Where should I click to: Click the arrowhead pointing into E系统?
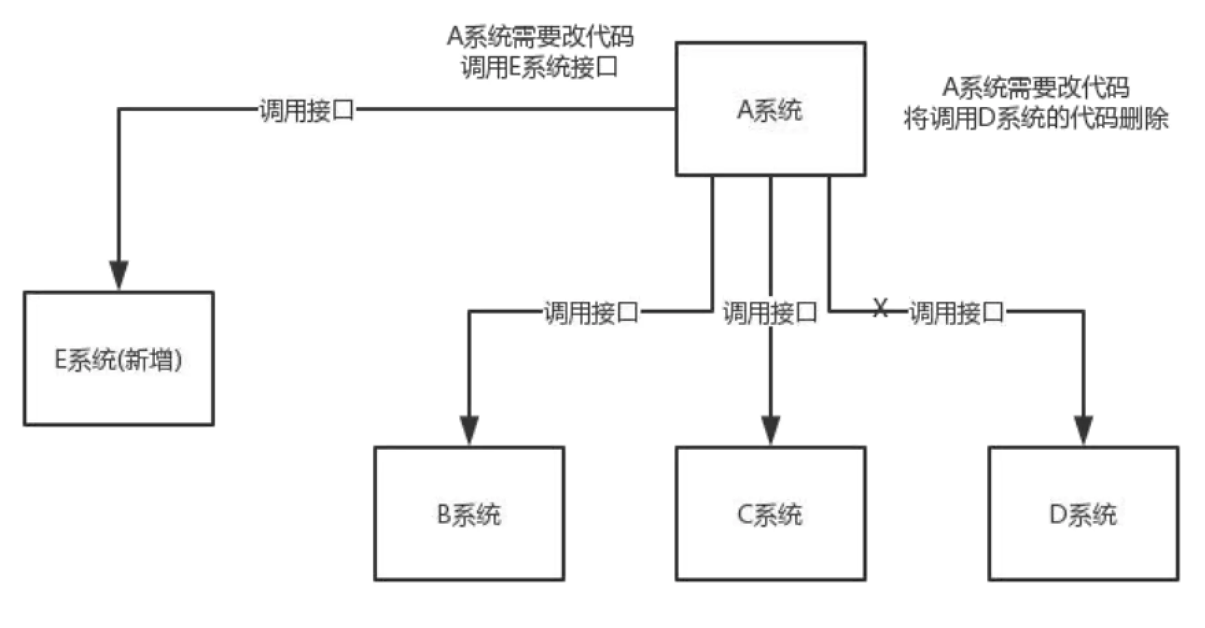[x=119, y=275]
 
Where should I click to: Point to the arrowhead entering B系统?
[x=470, y=431]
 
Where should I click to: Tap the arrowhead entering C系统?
[x=771, y=431]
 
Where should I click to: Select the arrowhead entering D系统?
[x=1084, y=431]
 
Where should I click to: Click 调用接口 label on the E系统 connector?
[x=306, y=110]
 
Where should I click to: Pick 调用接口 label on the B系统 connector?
[x=591, y=313]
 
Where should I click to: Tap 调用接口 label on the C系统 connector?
[x=770, y=313]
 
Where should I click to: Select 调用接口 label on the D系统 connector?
[x=956, y=313]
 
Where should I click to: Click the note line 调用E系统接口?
[x=540, y=67]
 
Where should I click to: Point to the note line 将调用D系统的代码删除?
[x=1036, y=119]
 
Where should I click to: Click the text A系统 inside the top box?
[x=770, y=110]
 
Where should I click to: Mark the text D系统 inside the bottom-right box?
[x=1083, y=515]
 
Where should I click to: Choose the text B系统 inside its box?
[x=470, y=515]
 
